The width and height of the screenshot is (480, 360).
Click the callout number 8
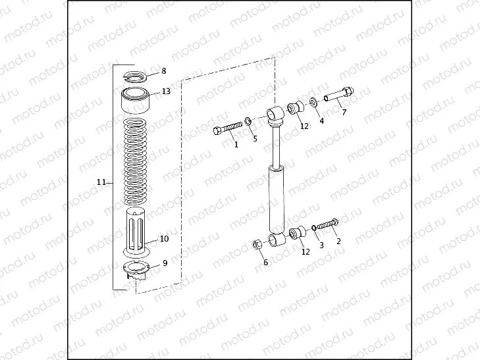point(163,70)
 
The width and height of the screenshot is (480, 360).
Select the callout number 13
point(166,91)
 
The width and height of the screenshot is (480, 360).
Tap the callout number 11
point(101,182)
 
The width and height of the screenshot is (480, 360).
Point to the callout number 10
point(165,239)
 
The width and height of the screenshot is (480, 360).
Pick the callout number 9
point(165,262)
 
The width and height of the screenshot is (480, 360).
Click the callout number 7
point(343,112)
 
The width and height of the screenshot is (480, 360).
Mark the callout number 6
point(265,263)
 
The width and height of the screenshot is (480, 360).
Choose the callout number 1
point(236,145)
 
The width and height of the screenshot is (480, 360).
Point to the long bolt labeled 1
point(228,128)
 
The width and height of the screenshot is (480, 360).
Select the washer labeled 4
point(313,102)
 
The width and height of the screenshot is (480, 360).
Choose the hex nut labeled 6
point(258,245)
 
